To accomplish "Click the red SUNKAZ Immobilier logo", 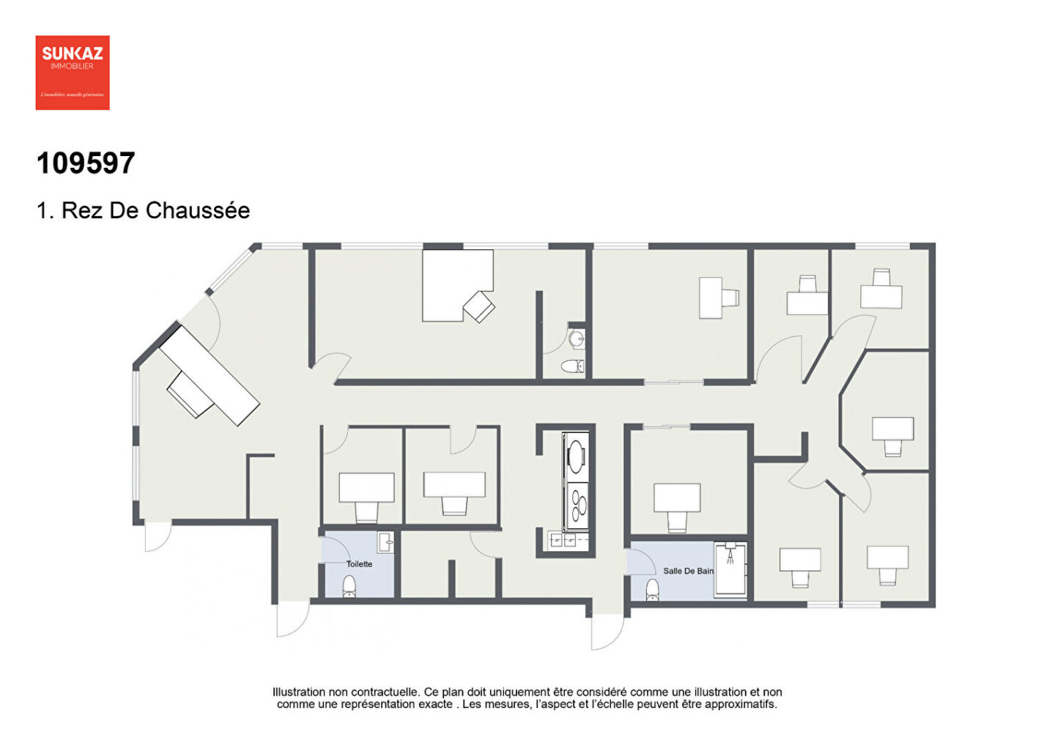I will [x=73, y=73].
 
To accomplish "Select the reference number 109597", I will [x=86, y=163].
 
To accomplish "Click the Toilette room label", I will [x=359, y=564].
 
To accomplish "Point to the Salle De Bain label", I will [x=688, y=571].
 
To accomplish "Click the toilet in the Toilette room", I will [x=349, y=586].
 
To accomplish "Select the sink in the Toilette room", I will [x=385, y=543].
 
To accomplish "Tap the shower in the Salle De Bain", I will [x=730, y=569].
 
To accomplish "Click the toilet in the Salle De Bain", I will [x=652, y=589].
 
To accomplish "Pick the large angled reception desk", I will [x=210, y=375].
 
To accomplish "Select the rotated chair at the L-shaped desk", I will [x=479, y=306].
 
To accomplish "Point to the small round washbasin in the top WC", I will [x=577, y=339].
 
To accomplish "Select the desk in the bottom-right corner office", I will [x=888, y=558].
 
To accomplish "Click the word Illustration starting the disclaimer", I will [x=299, y=692].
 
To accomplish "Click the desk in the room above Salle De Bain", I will [x=677, y=498].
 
